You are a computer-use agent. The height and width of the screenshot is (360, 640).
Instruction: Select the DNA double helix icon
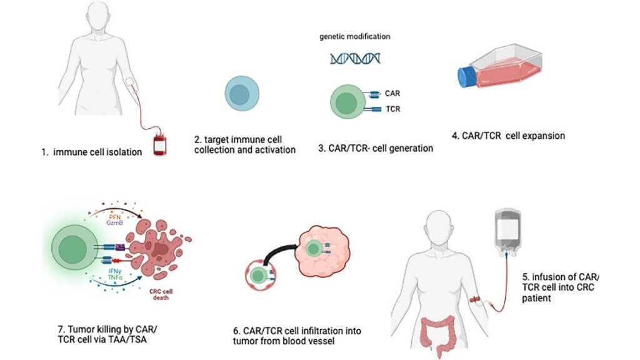pos(355,59)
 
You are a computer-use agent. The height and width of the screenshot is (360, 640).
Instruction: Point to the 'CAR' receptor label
pos(393,94)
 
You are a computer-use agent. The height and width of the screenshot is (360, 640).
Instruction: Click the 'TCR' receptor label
pos(393,109)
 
